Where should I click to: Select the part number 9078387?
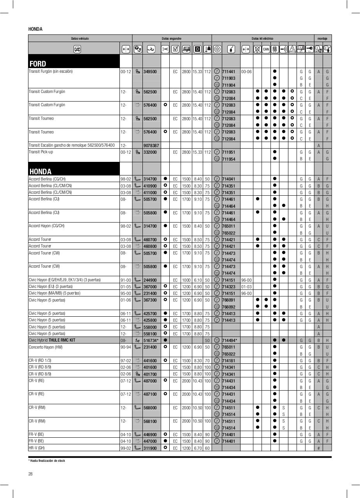click(150, 146)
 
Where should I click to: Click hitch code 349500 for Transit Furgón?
click(150, 72)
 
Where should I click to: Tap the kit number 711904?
click(228, 85)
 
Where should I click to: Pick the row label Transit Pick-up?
click(41, 152)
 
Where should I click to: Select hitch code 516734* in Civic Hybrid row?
click(151, 340)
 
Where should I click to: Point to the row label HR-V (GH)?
click(38, 448)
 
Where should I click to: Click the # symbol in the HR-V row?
click(318, 448)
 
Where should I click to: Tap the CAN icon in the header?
click(266, 49)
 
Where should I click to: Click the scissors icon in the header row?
click(165, 49)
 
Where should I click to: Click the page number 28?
click(30, 474)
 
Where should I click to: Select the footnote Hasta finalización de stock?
click(46, 461)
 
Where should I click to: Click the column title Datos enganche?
click(172, 39)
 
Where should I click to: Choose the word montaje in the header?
click(322, 39)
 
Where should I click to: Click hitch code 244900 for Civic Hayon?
click(150, 280)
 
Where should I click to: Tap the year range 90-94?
click(125, 347)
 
